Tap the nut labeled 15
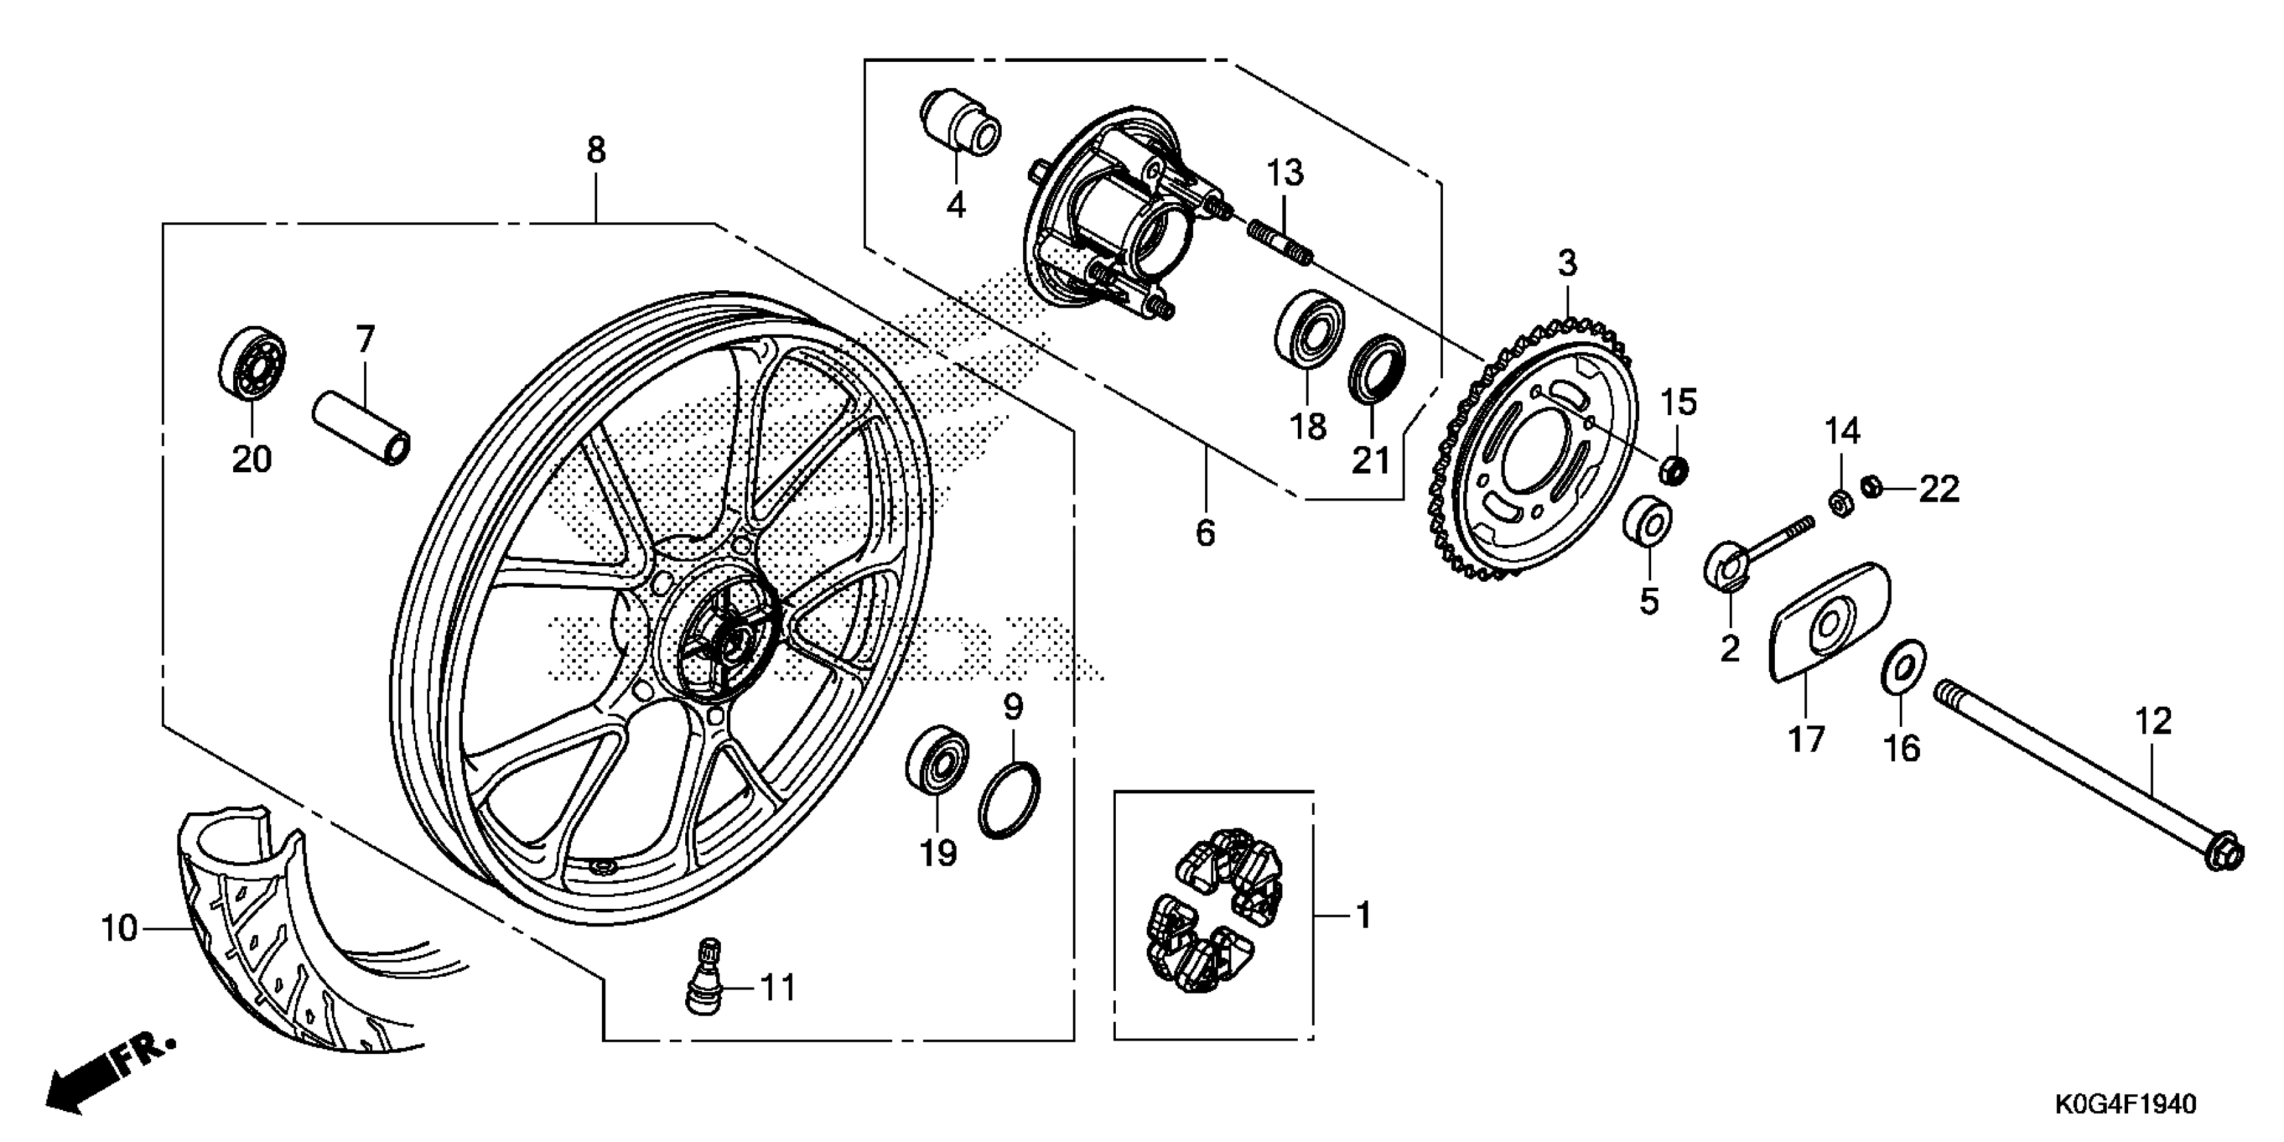point(1673,470)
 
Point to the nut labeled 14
point(1840,502)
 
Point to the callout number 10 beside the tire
point(119,928)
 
